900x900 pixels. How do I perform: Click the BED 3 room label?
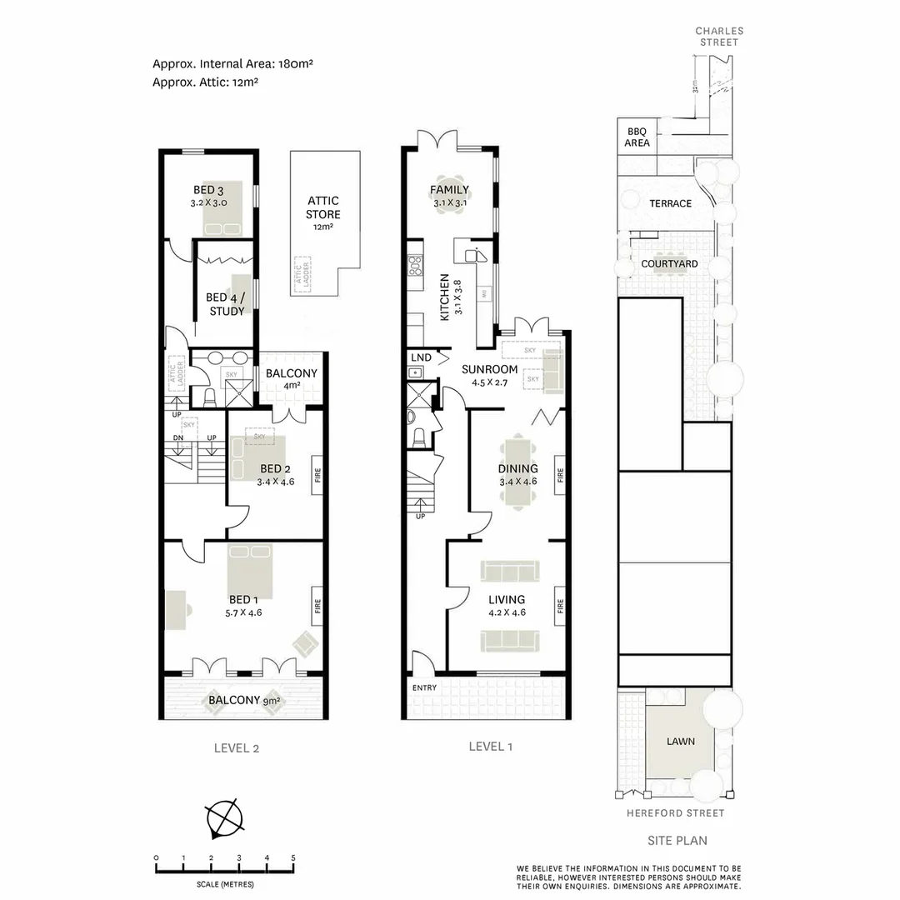tap(209, 190)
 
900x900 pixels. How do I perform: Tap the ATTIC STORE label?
tap(323, 207)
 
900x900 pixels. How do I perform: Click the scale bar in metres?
tap(224, 869)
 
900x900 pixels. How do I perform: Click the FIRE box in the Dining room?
tap(560, 475)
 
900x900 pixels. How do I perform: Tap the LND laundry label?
tap(421, 357)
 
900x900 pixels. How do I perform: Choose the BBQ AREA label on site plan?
tap(637, 137)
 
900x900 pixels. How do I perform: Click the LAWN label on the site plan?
tap(680, 741)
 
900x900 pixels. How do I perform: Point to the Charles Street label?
tap(719, 37)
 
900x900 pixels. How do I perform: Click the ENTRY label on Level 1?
tap(424, 687)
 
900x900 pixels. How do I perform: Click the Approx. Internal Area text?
tap(232, 63)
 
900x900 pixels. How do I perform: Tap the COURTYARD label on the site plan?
tap(669, 264)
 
